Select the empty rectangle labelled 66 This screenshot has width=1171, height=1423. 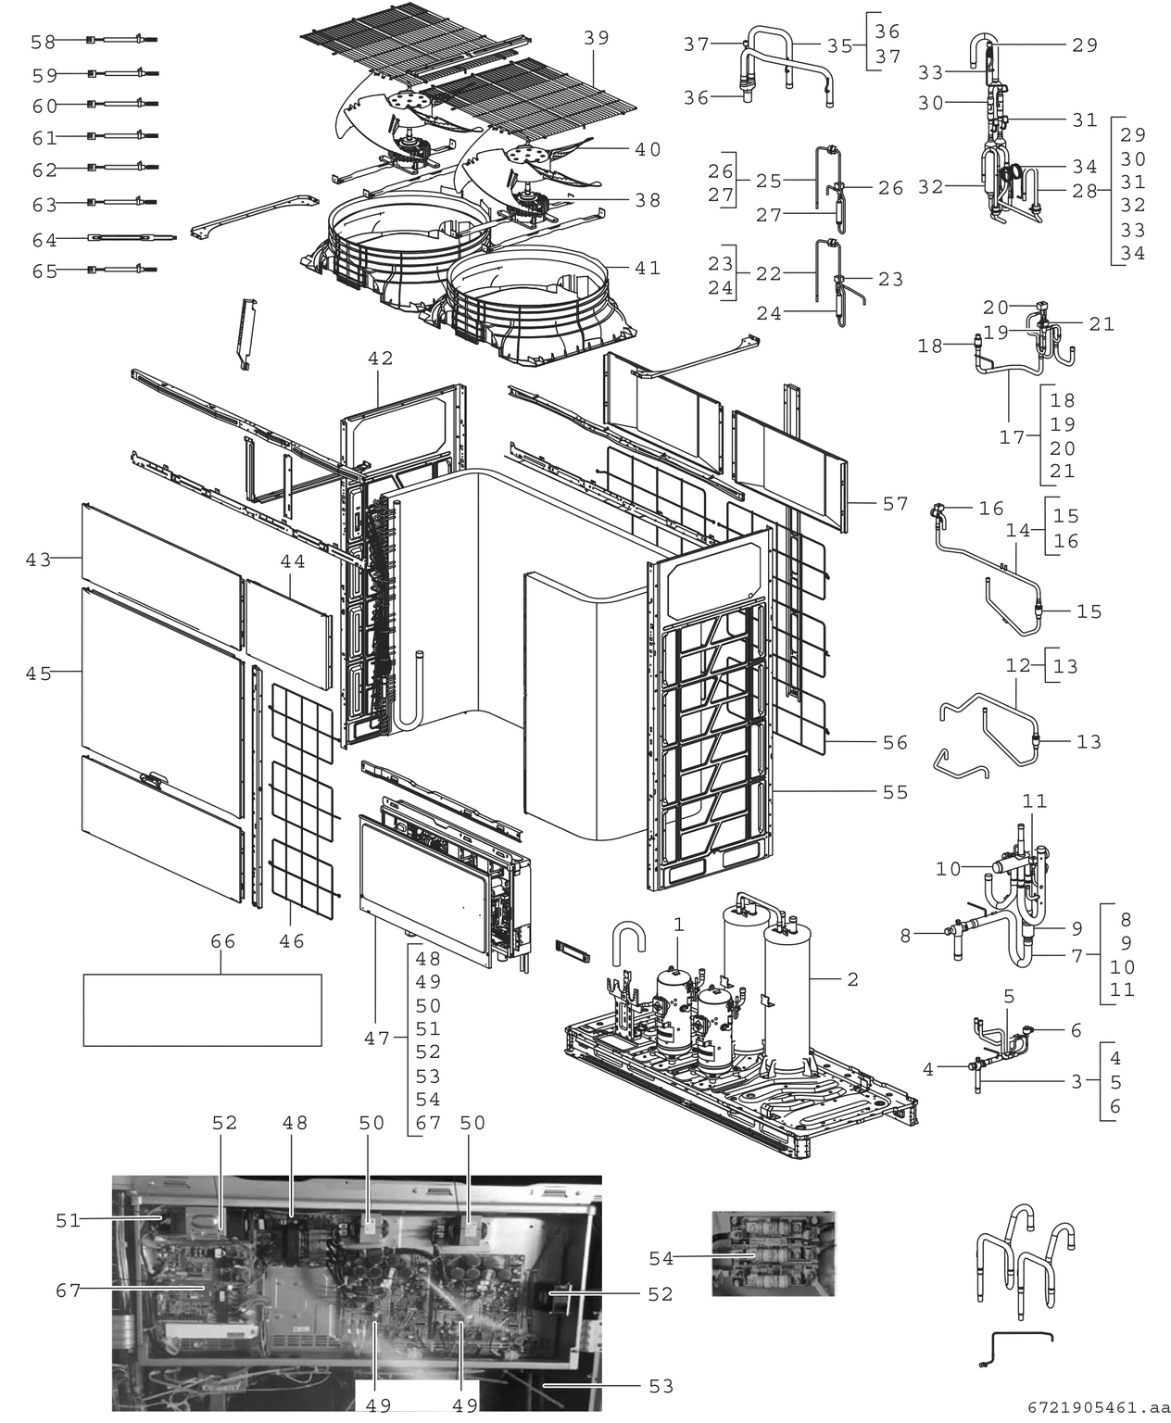click(202, 1010)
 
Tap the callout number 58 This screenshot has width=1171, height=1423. click(43, 42)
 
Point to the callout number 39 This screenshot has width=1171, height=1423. click(597, 37)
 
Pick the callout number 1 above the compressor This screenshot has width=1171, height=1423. click(679, 924)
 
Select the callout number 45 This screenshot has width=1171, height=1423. click(38, 674)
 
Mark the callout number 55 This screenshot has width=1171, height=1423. click(895, 792)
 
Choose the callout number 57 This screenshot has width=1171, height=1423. click(895, 504)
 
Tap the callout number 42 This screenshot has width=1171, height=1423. click(380, 359)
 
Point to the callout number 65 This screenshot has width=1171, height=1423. click(44, 271)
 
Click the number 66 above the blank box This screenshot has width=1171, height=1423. click(222, 941)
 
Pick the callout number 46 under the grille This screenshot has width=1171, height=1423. click(292, 941)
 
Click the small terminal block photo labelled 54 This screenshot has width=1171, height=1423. click(773, 1253)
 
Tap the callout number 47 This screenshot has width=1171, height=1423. click(376, 1039)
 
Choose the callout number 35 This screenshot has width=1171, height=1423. click(839, 44)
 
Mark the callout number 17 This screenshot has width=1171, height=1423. click(1012, 436)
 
